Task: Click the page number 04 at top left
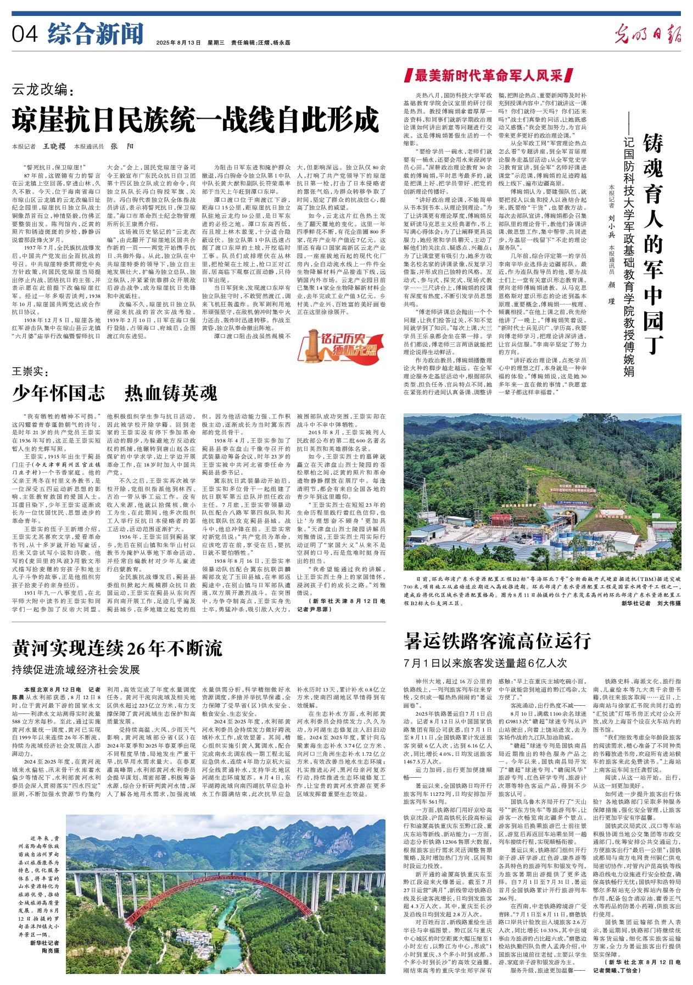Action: click(25, 34)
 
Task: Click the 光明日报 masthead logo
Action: click(647, 34)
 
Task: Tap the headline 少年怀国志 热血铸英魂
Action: click(115, 392)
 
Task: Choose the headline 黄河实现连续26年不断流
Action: click(118, 649)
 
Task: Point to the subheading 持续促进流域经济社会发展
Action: click(76, 669)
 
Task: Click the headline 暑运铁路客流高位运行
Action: click(498, 640)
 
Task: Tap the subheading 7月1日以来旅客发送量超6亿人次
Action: click(485, 663)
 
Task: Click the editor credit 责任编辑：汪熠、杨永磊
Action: click(261, 43)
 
